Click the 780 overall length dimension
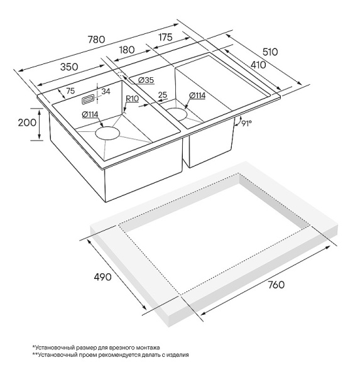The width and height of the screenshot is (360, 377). (96, 39)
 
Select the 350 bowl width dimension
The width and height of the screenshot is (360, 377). (69, 67)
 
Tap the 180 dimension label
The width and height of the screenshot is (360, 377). (126, 50)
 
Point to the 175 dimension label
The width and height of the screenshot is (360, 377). (165, 37)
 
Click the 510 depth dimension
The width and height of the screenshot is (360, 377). (270, 52)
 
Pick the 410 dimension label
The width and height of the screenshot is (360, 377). (258, 65)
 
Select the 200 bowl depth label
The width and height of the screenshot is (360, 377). (27, 123)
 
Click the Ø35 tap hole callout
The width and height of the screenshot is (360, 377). (146, 80)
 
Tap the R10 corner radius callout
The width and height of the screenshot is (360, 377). (133, 99)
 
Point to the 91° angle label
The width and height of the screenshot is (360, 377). (246, 123)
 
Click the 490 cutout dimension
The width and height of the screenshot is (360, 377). (102, 277)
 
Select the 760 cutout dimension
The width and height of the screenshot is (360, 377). (276, 285)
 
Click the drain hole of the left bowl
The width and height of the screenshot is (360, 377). (107, 133)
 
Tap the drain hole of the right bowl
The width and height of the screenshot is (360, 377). (177, 114)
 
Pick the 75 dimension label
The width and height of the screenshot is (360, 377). (70, 90)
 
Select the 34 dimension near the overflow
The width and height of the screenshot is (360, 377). (106, 91)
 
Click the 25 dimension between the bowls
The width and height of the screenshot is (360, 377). (163, 95)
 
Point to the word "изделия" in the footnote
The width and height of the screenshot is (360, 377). (179, 355)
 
